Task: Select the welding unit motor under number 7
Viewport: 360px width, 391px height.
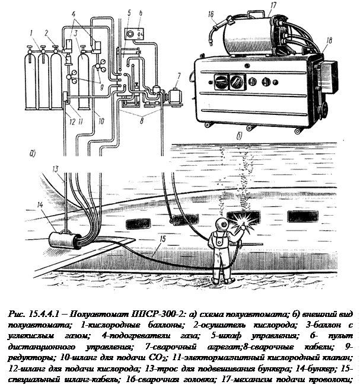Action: (176, 94)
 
